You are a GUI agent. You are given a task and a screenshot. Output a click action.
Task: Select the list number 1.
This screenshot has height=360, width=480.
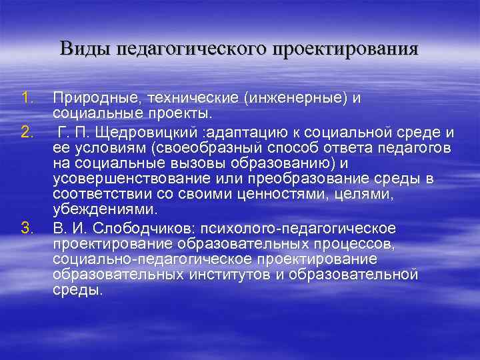click(26, 99)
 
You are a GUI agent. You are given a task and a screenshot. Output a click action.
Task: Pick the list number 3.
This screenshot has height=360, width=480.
click(26, 229)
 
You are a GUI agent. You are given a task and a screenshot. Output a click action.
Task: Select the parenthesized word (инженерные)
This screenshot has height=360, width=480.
click(297, 99)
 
